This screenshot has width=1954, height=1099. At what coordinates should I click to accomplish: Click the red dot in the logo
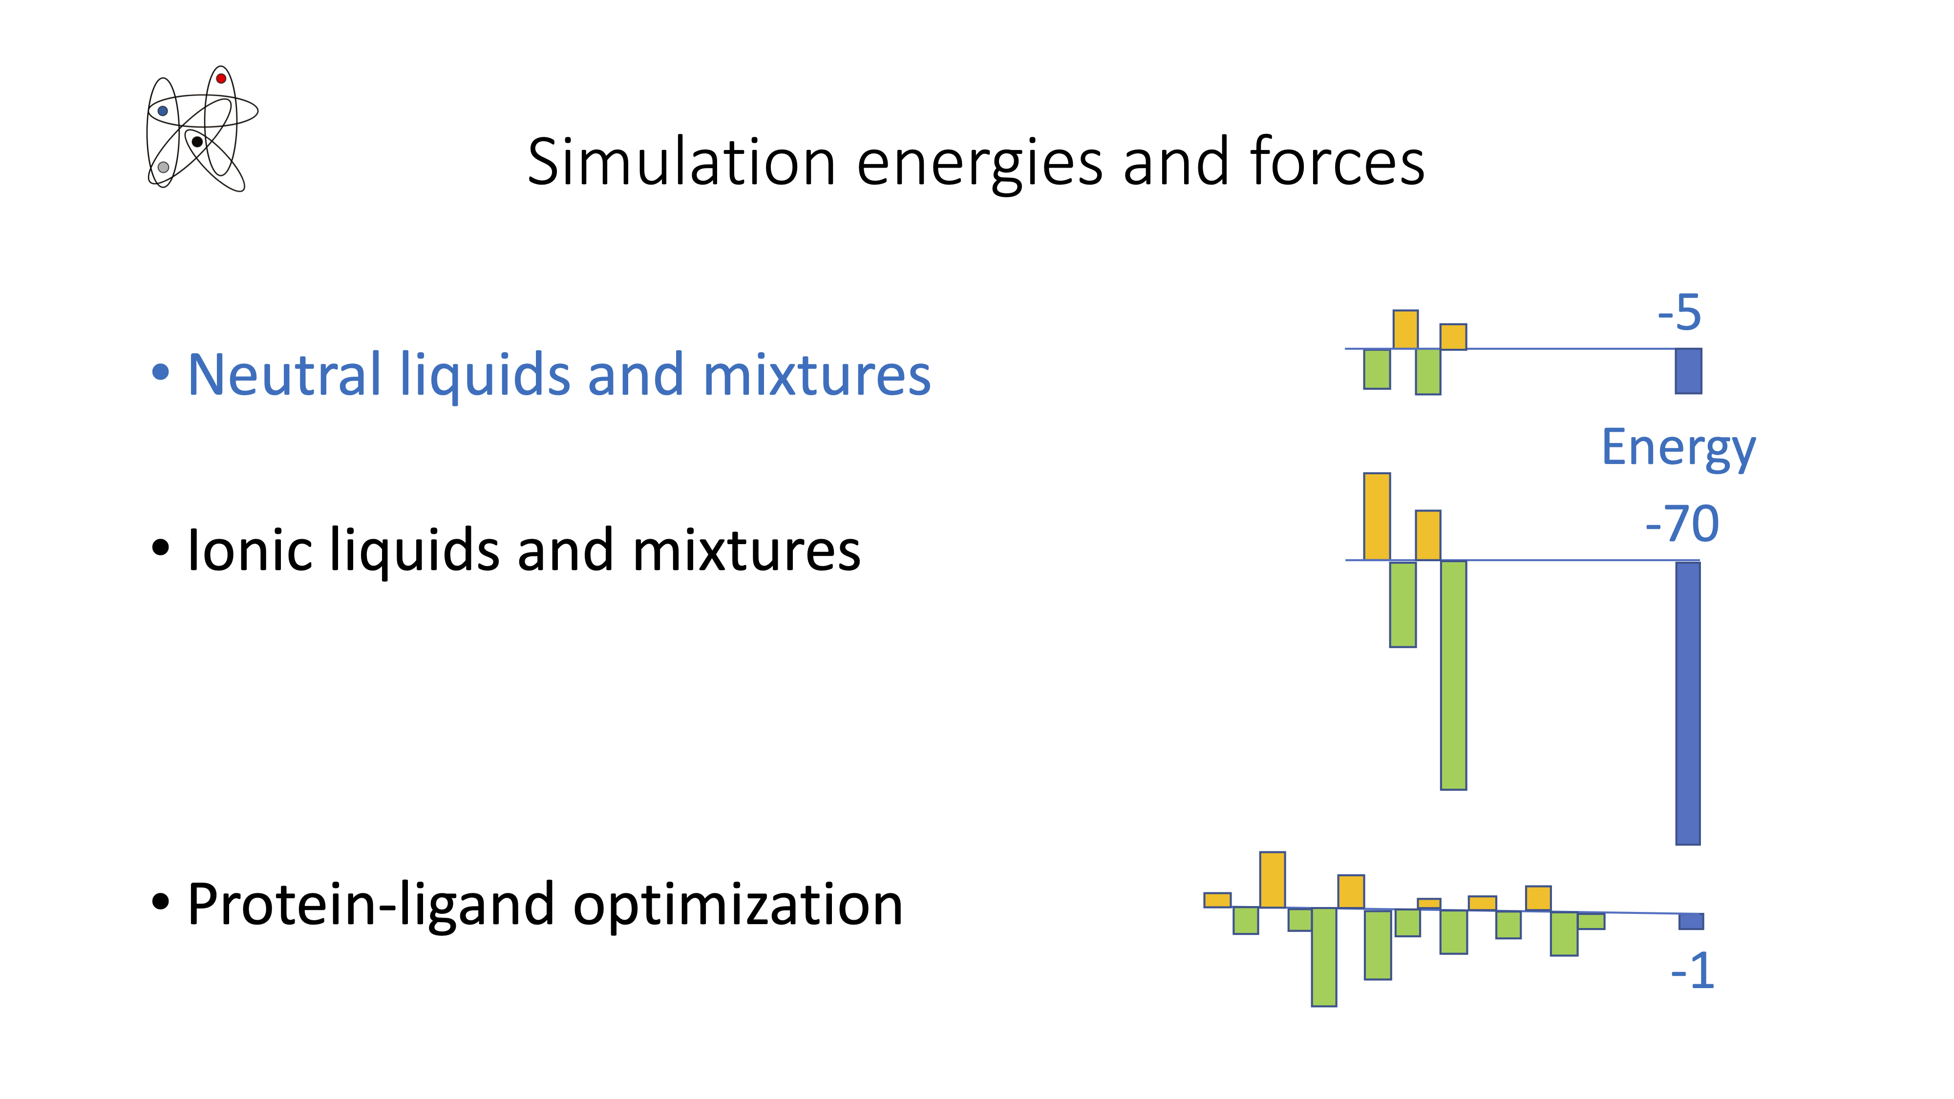(221, 78)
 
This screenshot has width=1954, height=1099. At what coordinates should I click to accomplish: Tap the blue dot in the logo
(162, 111)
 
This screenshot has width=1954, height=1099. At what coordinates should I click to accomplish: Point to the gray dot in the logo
(163, 167)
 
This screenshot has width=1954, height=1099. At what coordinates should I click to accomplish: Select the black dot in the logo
(197, 142)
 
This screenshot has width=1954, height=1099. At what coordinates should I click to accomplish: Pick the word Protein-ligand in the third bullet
(370, 905)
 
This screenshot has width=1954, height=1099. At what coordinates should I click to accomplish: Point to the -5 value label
(1679, 313)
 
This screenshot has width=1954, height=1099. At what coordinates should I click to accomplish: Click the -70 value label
(1682, 524)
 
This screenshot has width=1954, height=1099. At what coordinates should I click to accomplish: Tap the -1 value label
(1692, 971)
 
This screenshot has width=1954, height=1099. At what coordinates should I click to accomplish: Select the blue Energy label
(1678, 448)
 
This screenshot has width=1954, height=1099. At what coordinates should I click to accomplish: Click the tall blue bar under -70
(1688, 703)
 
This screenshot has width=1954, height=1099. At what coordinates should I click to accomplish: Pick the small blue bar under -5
(1689, 371)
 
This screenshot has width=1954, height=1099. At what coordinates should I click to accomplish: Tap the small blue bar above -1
(1691, 921)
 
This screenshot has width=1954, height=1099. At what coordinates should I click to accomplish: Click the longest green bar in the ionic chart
(1453, 675)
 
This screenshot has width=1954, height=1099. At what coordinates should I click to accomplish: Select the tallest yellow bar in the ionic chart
(1377, 516)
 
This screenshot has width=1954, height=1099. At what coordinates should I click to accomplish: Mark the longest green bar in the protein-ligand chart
(1324, 957)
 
